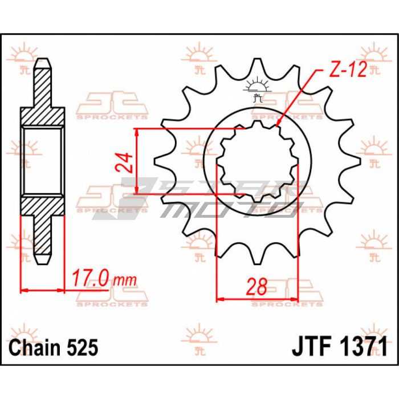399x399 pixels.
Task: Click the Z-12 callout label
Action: coord(348,69)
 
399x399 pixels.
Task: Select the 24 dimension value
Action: coord(124,162)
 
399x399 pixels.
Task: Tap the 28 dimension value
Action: coord(257,286)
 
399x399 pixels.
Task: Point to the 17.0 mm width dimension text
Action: coord(104,279)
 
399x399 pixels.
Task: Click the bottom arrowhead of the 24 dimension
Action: coord(137,190)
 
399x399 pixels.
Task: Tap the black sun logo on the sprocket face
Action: coord(257,89)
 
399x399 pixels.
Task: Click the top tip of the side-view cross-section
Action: coord(43,59)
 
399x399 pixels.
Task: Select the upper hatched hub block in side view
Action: coord(43,116)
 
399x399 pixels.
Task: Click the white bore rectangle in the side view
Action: coord(43,161)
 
